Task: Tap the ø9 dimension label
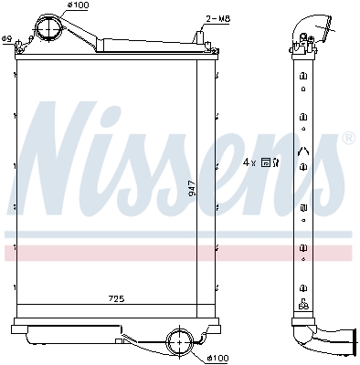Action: pyautogui.click(x=6, y=38)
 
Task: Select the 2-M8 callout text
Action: pyautogui.click(x=217, y=17)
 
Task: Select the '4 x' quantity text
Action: pyautogui.click(x=249, y=162)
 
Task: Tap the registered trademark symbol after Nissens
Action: pyautogui.click(x=347, y=139)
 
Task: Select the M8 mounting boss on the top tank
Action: pyautogui.click(x=197, y=38)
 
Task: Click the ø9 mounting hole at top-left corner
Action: pyautogui.click(x=17, y=46)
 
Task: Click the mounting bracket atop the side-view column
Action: pyautogui.click(x=300, y=41)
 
